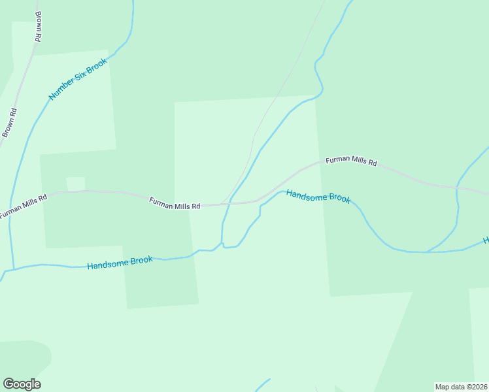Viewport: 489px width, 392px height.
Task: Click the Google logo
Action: tap(22, 384)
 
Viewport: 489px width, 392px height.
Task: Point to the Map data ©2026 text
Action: tap(460, 386)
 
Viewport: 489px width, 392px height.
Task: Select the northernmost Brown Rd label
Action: tap(38, 27)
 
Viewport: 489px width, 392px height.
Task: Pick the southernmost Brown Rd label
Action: tap(8, 122)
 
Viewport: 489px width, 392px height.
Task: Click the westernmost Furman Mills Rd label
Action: tap(24, 205)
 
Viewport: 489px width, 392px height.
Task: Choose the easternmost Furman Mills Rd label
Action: tap(351, 161)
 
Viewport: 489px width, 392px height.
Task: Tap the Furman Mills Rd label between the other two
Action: tap(174, 204)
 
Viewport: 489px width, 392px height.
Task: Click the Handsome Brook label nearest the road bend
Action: tap(318, 197)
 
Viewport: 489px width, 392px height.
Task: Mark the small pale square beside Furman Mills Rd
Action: tap(76, 184)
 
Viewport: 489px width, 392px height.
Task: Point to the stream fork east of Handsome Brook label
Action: tap(428, 251)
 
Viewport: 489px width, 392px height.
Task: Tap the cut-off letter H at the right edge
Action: tap(486, 240)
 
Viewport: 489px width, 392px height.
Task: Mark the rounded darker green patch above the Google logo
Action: tap(26, 356)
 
